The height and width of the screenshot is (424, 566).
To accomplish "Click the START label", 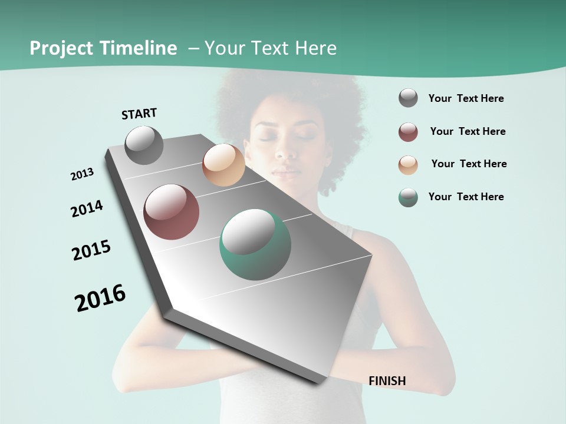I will [x=139, y=114].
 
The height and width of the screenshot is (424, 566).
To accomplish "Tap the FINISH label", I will [x=387, y=381].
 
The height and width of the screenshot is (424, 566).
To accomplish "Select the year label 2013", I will [x=83, y=174].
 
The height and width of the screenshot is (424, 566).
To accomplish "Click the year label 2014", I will [x=87, y=209].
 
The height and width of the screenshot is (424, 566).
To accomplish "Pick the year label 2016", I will [x=100, y=298].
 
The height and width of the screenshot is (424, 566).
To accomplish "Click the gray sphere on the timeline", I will [x=144, y=145].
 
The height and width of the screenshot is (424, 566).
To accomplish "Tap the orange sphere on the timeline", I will [x=223, y=165].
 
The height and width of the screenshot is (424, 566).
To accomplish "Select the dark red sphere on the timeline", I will [x=172, y=212].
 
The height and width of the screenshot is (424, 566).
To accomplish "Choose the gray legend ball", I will [x=408, y=98].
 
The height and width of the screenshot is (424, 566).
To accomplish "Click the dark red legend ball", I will [x=408, y=132].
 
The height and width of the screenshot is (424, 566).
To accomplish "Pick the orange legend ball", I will [x=408, y=165].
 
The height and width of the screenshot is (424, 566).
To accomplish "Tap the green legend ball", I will [x=408, y=197].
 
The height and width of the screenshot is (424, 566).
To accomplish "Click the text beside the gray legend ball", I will [x=466, y=98].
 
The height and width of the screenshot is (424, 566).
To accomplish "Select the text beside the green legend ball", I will [x=466, y=197].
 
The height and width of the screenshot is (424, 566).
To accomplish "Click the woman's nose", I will [x=287, y=150].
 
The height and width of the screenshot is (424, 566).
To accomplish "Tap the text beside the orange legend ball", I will [x=469, y=164].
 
